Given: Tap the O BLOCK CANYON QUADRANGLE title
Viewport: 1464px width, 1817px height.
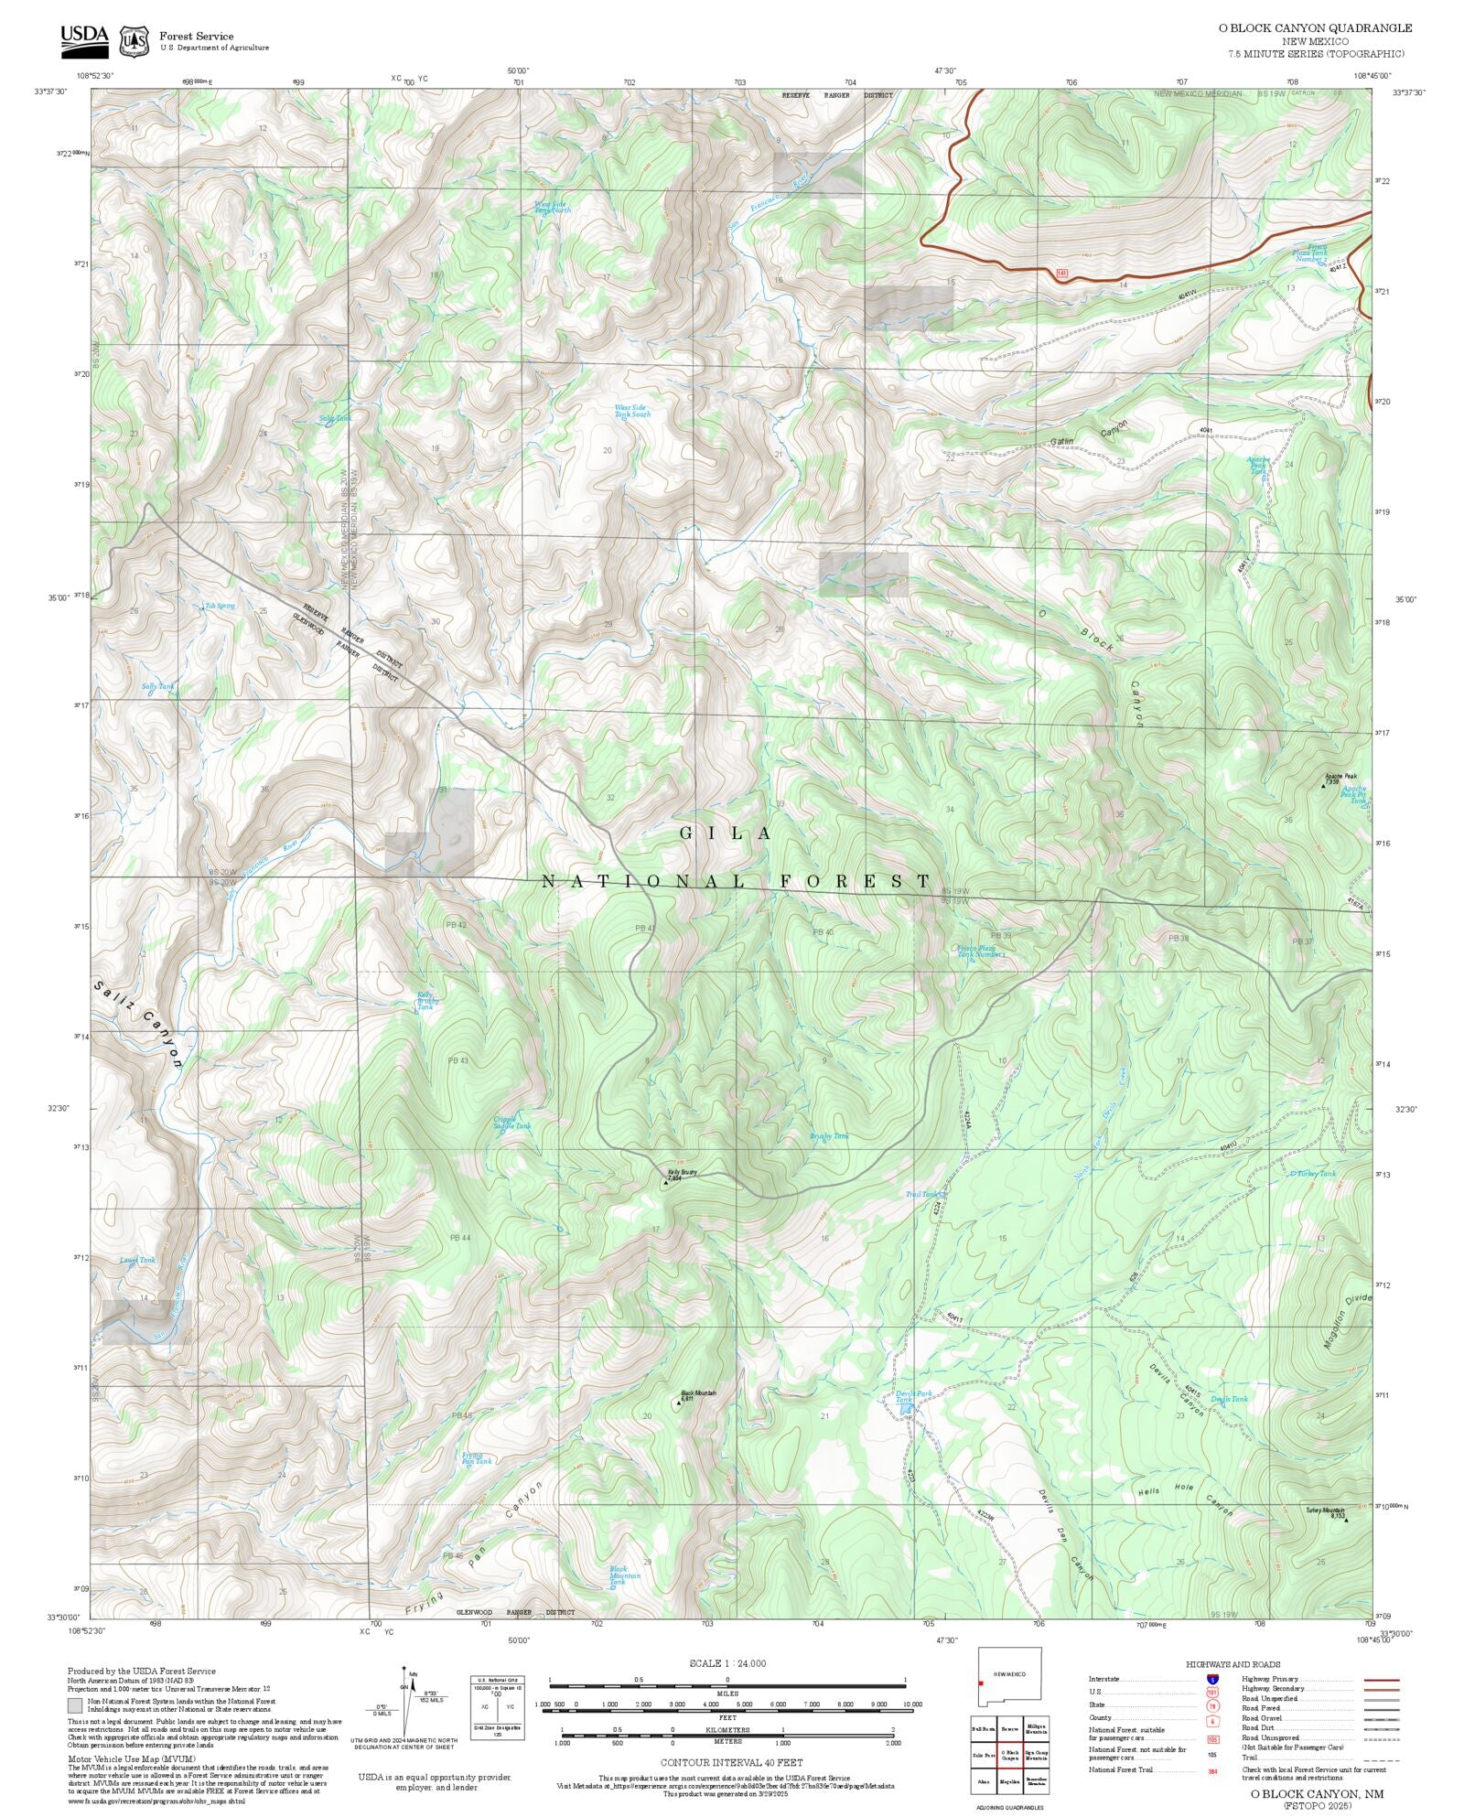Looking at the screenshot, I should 1314,27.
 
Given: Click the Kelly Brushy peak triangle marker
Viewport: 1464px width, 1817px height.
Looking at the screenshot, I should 665,1183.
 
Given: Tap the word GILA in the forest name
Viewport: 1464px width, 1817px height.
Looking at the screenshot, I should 727,833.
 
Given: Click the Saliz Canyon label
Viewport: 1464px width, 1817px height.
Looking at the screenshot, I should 138,1025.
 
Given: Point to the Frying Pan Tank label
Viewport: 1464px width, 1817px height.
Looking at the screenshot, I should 476,1458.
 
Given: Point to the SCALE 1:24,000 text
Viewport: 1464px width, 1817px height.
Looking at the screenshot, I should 727,1662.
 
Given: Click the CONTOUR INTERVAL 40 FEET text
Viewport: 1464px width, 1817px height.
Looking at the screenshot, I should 731,1761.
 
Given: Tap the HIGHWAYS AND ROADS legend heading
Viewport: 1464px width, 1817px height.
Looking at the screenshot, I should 1233,1663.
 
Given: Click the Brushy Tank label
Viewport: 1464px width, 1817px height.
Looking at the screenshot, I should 829,1136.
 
